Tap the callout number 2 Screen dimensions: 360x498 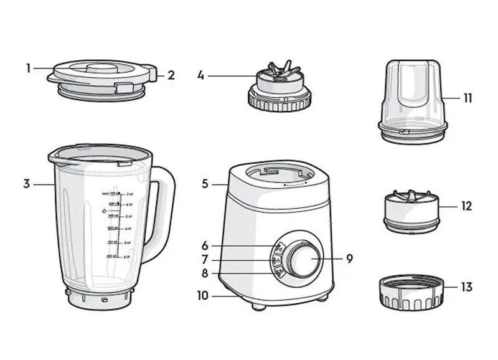(171, 75)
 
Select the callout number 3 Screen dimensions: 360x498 (27, 184)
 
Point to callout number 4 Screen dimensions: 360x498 (200, 75)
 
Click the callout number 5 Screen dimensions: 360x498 (205, 184)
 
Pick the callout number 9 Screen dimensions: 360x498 (349, 258)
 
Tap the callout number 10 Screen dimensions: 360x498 (203, 296)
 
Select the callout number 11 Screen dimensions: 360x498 (467, 98)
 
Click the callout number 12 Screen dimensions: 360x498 (467, 206)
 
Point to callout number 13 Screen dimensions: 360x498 (467, 287)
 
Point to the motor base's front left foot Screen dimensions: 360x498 (258, 306)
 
